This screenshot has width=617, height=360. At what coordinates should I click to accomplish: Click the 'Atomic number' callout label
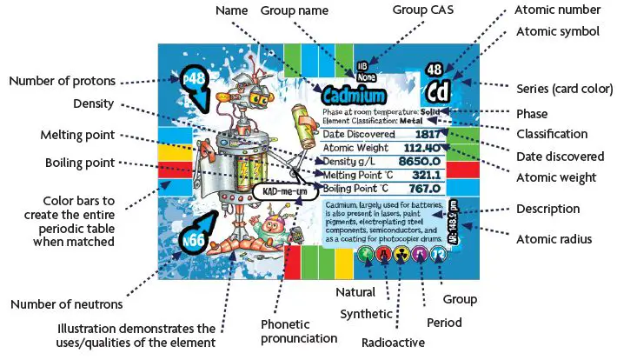pos(557,10)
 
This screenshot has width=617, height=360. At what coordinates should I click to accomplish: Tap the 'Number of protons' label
pos(62,81)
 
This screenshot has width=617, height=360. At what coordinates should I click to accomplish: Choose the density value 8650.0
pos(421,162)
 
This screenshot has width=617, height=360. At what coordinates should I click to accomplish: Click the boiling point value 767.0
pos(425,188)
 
